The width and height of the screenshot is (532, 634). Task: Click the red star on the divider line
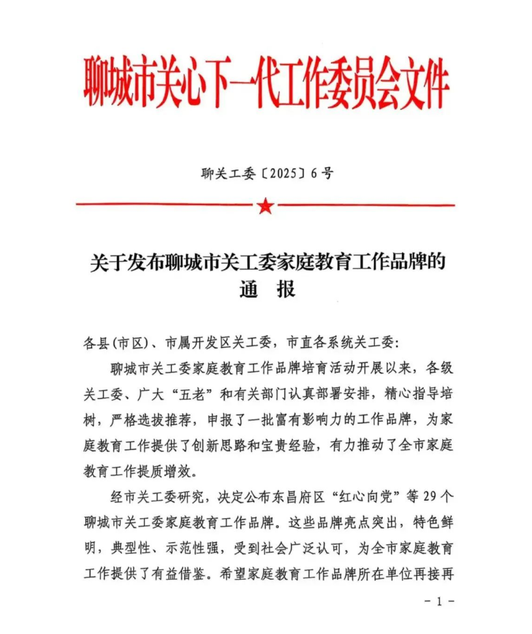[x=265, y=207]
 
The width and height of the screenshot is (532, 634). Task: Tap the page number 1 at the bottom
[x=439, y=601]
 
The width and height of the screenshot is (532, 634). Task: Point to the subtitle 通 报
[x=266, y=289]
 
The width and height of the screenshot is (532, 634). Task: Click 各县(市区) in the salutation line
[x=115, y=342]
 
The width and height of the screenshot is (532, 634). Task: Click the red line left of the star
[x=163, y=205]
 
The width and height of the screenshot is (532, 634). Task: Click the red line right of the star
[x=365, y=205]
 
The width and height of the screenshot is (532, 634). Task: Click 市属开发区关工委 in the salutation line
[x=217, y=342]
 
